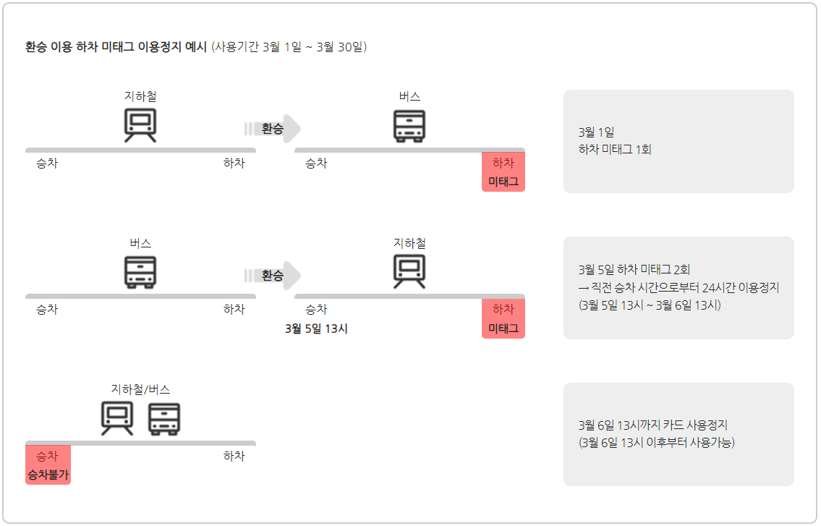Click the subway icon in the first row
pyautogui.click(x=140, y=124)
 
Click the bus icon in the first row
pyautogui.click(x=409, y=125)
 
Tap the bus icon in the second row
pyautogui.click(x=140, y=272)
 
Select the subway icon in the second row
pyautogui.click(x=409, y=271)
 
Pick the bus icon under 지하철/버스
pyautogui.click(x=164, y=418)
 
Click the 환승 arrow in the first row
pyautogui.click(x=273, y=129)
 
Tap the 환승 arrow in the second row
pyautogui.click(x=273, y=276)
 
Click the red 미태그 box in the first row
pyautogui.click(x=503, y=172)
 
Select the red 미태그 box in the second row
pyautogui.click(x=503, y=319)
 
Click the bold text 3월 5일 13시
pyautogui.click(x=317, y=328)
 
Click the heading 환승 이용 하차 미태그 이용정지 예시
pyautogui.click(x=116, y=47)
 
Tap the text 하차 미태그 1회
pyautogui.click(x=615, y=150)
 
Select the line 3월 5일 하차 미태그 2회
pyautogui.click(x=634, y=270)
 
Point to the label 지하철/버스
pyautogui.click(x=140, y=389)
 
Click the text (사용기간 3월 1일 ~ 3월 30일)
pyautogui.click(x=289, y=47)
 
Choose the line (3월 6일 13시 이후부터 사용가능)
pyautogui.click(x=657, y=442)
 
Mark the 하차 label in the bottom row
pyautogui.click(x=234, y=456)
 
